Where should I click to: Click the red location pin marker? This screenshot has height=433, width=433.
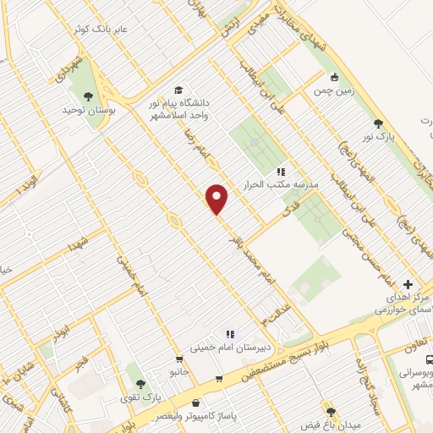[x=217, y=198]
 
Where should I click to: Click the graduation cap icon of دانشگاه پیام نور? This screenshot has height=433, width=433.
[x=178, y=90]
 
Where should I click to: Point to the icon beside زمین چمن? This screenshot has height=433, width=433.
[x=335, y=75]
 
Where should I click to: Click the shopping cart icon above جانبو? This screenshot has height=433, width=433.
[x=178, y=359]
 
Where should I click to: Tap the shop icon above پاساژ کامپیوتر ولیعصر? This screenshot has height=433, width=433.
[x=197, y=403]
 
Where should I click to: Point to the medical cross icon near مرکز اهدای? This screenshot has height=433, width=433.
[x=408, y=285]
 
